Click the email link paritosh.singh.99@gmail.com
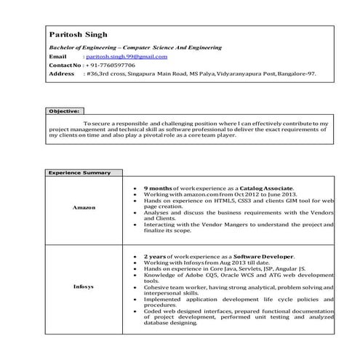[127, 56]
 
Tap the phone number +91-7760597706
[110, 65]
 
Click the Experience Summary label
[79, 173]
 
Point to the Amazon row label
[83, 207]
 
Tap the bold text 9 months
[157, 188]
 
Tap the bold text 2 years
[154, 257]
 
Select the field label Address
[61, 73]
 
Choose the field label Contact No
[65, 65]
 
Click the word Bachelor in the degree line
[62, 47]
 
